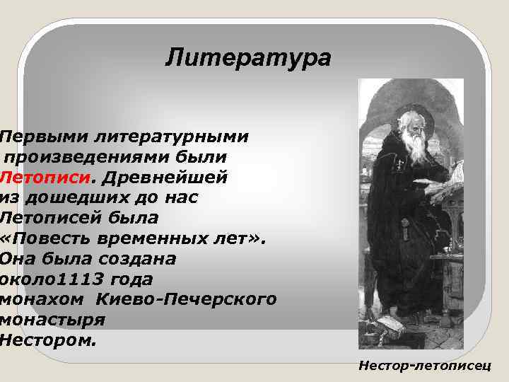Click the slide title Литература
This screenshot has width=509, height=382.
point(247,57)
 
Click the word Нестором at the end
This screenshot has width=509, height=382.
point(46,340)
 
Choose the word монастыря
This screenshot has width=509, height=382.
point(53,320)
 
